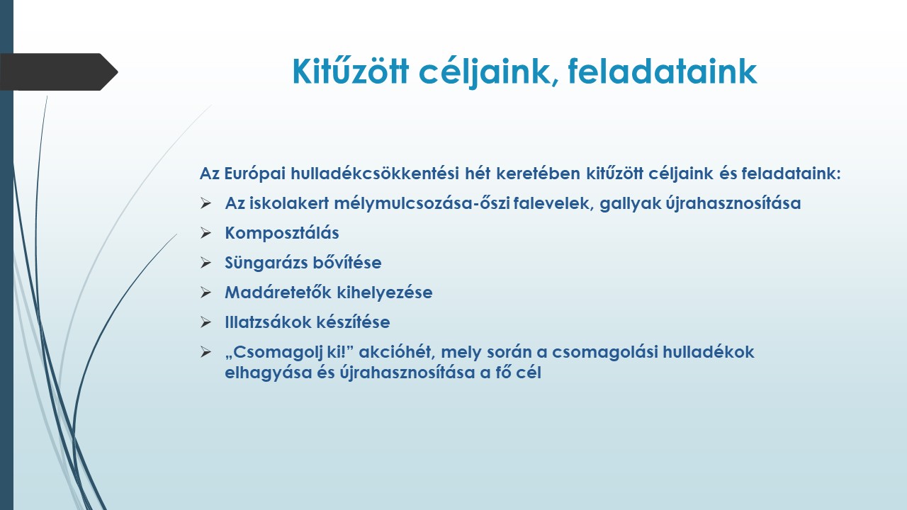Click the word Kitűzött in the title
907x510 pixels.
350,72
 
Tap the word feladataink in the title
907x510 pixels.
663,72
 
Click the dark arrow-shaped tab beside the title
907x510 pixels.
59,72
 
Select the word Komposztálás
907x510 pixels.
282,233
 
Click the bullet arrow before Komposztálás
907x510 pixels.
205,233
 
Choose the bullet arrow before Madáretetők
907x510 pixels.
205,293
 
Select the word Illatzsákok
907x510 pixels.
268,322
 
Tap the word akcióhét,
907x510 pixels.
397,352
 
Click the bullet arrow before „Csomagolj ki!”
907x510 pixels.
205,352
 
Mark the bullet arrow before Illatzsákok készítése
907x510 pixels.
205,322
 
